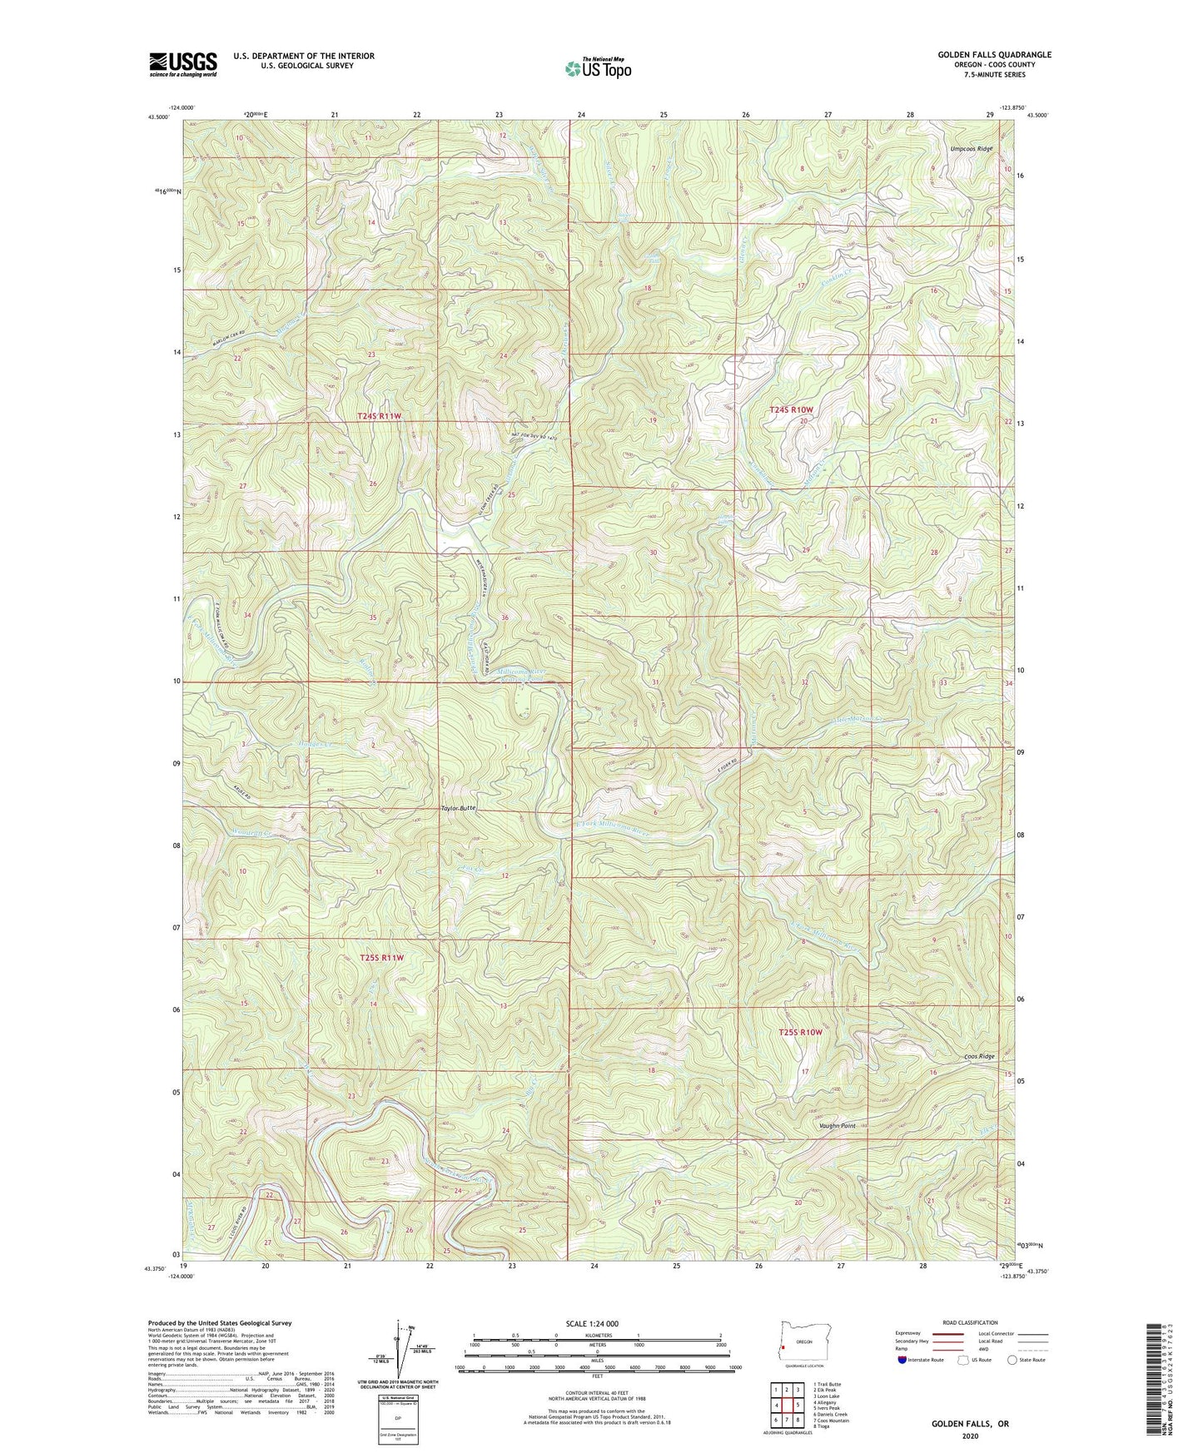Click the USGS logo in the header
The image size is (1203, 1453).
(183, 63)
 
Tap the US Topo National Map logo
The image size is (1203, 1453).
(597, 67)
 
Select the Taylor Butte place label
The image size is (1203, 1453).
(458, 808)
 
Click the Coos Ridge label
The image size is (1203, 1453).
(979, 1057)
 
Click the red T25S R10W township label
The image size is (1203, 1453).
(800, 1032)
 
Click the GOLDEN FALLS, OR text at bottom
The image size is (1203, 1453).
(970, 1424)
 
